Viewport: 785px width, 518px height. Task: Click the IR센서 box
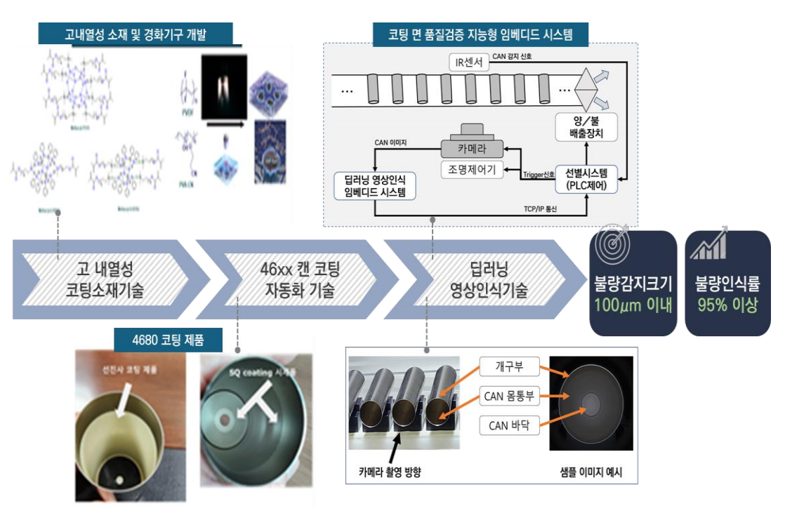470,62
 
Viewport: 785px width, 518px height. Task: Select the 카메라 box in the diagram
473,149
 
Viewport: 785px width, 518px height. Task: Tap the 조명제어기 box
472,169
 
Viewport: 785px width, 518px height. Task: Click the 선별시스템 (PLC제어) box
586,179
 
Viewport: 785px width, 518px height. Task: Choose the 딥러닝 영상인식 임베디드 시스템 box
375,185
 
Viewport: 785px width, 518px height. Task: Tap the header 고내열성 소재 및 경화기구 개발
136,33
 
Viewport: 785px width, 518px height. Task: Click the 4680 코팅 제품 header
168,341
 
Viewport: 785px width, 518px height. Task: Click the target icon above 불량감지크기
612,246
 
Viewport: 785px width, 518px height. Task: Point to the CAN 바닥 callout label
508,425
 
